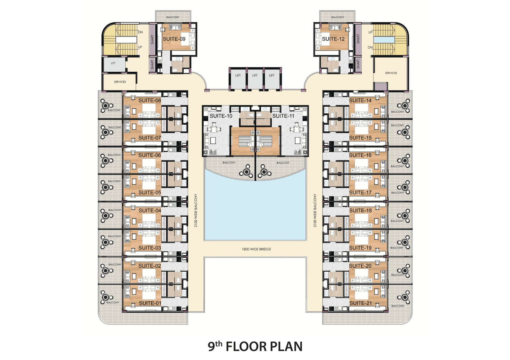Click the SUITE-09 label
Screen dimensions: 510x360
tap(174, 39)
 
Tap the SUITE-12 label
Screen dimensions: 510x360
tap(333, 39)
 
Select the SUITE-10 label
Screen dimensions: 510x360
tap(221, 116)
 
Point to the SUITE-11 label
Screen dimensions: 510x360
tap(283, 116)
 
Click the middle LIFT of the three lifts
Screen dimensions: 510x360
tap(255, 75)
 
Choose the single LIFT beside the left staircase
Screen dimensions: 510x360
tap(113, 63)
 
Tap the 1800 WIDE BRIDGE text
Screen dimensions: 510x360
tap(256, 249)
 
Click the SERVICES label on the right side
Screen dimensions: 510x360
tap(391, 73)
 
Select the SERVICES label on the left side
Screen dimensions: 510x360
tap(120, 82)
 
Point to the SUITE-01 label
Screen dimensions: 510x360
tap(150, 303)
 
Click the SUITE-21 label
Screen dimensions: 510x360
tap(361, 303)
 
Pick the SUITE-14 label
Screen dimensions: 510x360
tap(360, 101)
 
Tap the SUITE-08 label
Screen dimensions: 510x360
tap(150, 101)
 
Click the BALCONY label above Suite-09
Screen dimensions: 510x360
tap(172, 17)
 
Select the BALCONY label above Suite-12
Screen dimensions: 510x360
tap(338, 17)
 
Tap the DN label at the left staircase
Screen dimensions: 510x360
tap(141, 32)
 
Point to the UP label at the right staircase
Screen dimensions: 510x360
tap(370, 32)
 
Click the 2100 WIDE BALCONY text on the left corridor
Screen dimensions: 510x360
tap(196, 211)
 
